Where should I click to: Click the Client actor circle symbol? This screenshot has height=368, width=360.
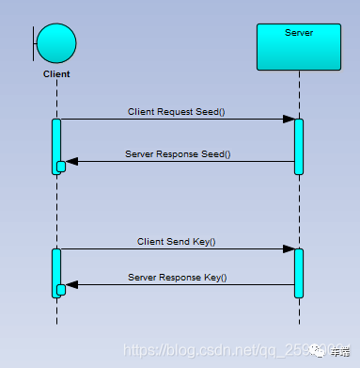click(57, 44)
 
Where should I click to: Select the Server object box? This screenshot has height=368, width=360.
click(298, 46)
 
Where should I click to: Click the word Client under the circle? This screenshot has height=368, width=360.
click(56, 73)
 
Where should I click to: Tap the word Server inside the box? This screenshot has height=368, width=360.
click(298, 33)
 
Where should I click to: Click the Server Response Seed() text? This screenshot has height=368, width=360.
click(177, 153)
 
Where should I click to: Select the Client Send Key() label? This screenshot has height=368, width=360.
click(177, 241)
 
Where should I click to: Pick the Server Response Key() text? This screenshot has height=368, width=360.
click(177, 277)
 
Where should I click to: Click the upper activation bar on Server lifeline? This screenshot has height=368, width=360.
click(299, 146)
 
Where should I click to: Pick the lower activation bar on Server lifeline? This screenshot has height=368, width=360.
click(299, 273)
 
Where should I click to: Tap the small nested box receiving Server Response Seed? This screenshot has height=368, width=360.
click(61, 167)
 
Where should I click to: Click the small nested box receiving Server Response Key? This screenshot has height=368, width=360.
click(61, 290)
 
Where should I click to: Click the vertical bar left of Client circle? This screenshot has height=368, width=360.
click(35, 44)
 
